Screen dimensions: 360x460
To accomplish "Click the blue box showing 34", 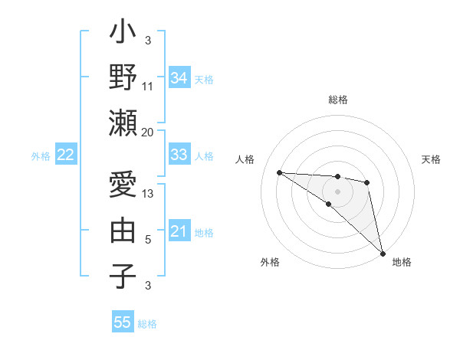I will [x=179, y=78].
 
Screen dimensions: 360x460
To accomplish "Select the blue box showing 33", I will [x=179, y=155].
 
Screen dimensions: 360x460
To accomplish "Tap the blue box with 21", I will [x=179, y=231].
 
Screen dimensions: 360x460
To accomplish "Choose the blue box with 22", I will [x=65, y=155].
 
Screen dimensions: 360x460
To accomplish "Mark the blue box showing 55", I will [x=123, y=322].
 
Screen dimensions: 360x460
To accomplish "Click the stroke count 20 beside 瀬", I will [x=148, y=132].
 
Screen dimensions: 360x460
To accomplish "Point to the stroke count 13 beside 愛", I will [x=148, y=195].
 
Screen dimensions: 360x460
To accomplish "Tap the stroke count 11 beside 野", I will [x=148, y=87].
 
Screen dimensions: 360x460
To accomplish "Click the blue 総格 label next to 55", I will [x=147, y=324].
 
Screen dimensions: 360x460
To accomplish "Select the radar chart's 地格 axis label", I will [x=402, y=262].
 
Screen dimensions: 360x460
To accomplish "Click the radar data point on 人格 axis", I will [x=279, y=172].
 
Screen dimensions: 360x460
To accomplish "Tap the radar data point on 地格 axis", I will [x=382, y=253].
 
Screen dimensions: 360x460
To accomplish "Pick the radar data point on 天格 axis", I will [x=367, y=182].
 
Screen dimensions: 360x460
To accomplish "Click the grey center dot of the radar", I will [x=337, y=191].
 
